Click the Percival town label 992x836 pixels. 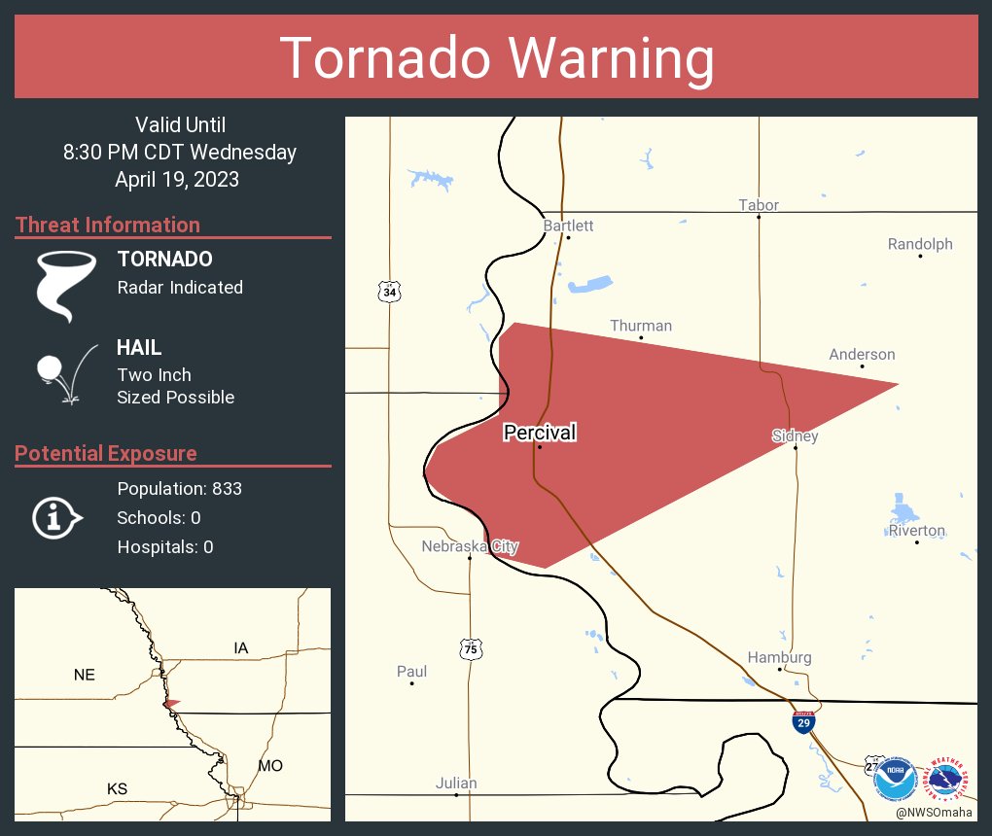click(540, 433)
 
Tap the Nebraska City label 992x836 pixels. click(470, 546)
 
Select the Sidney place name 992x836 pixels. click(795, 435)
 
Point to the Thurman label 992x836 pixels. click(641, 326)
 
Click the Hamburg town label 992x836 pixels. click(779, 657)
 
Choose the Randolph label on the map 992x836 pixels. click(920, 244)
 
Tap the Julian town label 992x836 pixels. click(456, 783)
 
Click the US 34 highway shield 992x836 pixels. click(390, 292)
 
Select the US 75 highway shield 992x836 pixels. click(471, 647)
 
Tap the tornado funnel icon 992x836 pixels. click(66, 285)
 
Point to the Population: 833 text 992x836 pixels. click(179, 488)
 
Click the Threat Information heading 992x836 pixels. click(108, 225)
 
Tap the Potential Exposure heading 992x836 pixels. click(106, 453)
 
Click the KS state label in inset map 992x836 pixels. click(117, 788)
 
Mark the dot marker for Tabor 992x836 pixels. click(759, 217)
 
